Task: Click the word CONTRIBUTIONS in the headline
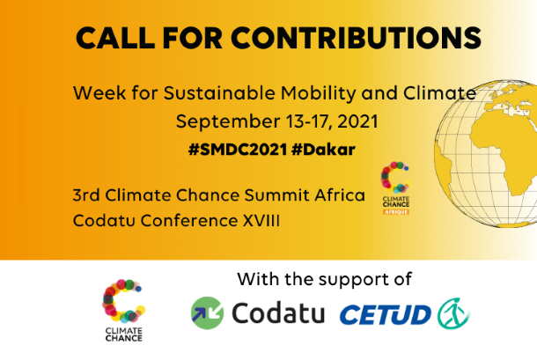(x=357, y=38)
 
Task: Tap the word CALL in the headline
(x=115, y=38)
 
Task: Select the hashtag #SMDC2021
(x=238, y=150)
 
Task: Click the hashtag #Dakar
(x=324, y=150)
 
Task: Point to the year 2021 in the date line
(x=357, y=121)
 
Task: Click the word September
(x=228, y=122)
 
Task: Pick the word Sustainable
(x=219, y=92)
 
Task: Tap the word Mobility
(x=319, y=93)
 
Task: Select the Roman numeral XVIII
(x=261, y=220)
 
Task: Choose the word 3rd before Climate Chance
(x=86, y=195)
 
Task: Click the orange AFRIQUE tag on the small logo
(x=396, y=212)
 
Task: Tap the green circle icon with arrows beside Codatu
(x=207, y=313)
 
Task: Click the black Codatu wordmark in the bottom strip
(x=278, y=312)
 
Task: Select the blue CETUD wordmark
(x=386, y=315)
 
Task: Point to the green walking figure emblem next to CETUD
(x=453, y=313)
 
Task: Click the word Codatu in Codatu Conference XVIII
(x=104, y=220)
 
